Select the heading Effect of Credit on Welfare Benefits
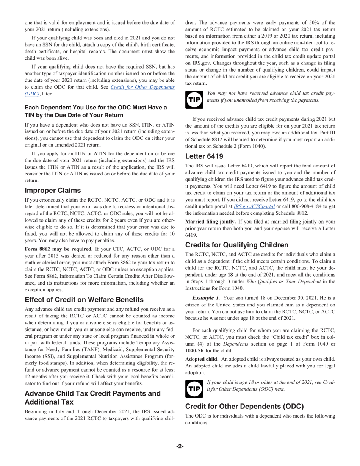[x=84, y=300]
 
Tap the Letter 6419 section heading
[x=204, y=156]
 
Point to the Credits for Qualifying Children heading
[x=242, y=245]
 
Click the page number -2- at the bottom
[x=180, y=446]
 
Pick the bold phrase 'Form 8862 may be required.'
[x=59, y=249]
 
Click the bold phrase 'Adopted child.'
[x=202, y=359]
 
